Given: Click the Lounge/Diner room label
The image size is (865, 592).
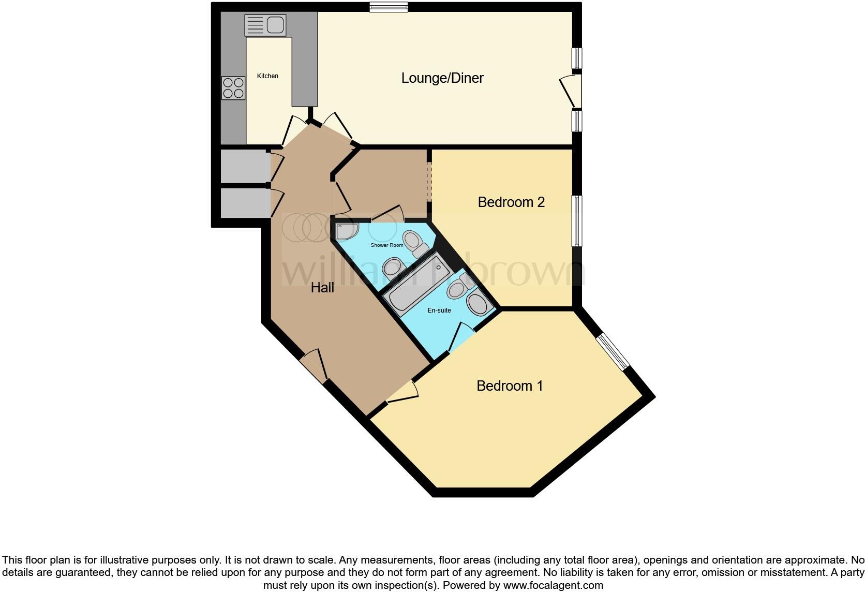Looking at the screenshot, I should (x=442, y=78).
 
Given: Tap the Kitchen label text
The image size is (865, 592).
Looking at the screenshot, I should (x=267, y=76).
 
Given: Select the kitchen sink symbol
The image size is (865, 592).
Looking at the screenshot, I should (x=265, y=25).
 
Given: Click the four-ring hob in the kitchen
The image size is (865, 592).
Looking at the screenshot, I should (x=233, y=88).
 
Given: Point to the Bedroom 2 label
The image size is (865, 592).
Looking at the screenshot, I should (x=511, y=202).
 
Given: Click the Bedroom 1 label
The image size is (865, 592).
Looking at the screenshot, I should (x=510, y=386).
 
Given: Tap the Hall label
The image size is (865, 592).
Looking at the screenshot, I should (x=322, y=288).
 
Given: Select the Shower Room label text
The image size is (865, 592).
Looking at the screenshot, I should (x=386, y=245).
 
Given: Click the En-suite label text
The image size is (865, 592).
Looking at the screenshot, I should (x=439, y=310).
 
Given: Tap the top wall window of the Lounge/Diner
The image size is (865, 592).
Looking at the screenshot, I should (x=389, y=7).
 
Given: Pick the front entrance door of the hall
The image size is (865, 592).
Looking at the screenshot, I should (x=314, y=366).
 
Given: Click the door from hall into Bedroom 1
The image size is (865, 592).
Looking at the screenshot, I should (x=402, y=392).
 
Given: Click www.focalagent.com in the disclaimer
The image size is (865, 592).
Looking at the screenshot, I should (x=553, y=586).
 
